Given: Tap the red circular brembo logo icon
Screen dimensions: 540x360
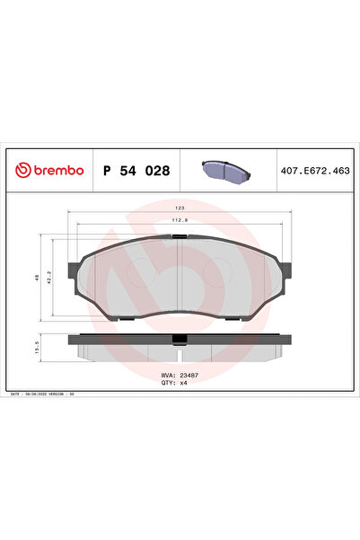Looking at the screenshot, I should coord(23,170).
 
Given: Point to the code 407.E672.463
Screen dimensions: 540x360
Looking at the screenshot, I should coord(314,170).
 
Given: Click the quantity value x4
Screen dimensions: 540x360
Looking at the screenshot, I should coord(183,382).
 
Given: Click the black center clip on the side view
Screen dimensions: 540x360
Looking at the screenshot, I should coord(180,339).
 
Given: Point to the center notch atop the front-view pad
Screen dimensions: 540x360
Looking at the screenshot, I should coord(180,237).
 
